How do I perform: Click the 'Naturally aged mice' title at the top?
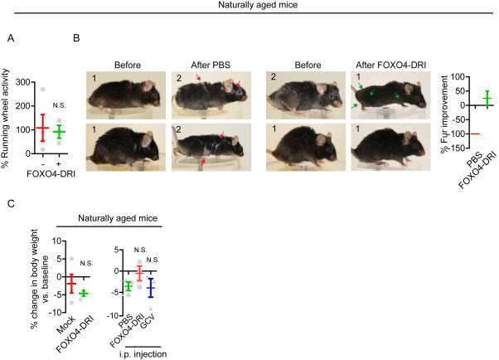249,9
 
